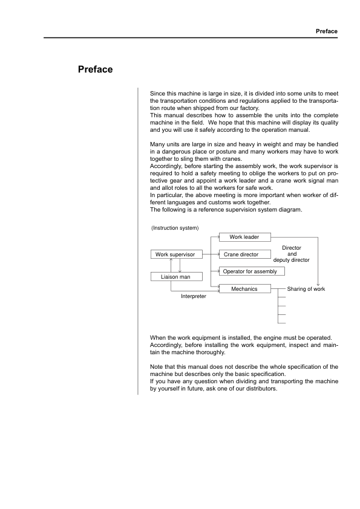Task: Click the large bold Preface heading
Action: tap(96, 70)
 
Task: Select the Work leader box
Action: tap(244, 237)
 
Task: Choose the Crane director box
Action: tap(241, 254)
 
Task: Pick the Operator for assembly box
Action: tap(250, 271)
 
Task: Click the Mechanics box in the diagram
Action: tap(244, 289)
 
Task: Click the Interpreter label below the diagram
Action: tap(194, 297)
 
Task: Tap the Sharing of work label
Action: tap(306, 289)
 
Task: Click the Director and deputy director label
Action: tap(292, 254)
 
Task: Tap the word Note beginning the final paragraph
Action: tap(156, 366)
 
